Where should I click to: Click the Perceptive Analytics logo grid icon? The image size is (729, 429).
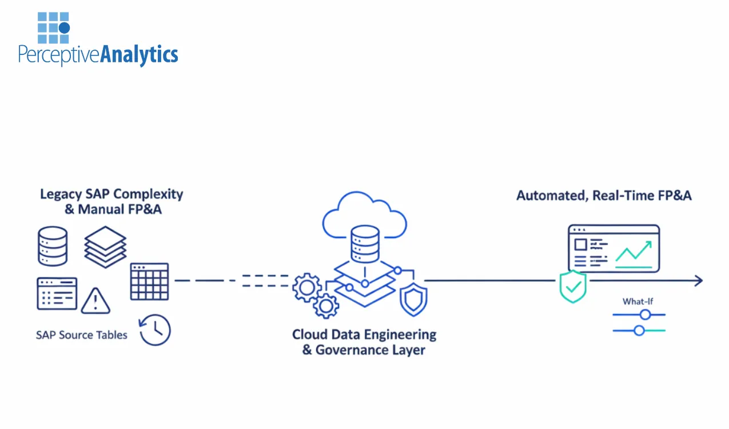tap(53, 27)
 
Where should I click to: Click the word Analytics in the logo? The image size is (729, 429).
tap(139, 55)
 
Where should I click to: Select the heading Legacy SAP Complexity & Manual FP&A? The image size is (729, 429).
tap(111, 201)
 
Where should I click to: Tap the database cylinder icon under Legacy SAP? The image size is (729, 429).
tap(53, 246)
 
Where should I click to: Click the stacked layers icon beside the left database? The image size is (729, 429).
tap(105, 247)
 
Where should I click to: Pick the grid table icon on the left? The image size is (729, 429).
tap(149, 281)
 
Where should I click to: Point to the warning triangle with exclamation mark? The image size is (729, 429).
tap(95, 301)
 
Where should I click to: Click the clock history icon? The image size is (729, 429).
tap(155, 330)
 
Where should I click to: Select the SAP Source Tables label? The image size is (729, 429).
tap(81, 335)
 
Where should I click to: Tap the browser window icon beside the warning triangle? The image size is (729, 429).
tap(57, 293)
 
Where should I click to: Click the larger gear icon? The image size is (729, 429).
tap(306, 288)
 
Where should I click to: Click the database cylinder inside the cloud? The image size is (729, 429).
tap(365, 243)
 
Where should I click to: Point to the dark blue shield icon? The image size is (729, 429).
tap(413, 300)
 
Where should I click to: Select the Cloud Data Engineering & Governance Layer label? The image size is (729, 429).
tap(364, 341)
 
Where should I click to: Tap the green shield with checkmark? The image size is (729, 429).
tap(572, 286)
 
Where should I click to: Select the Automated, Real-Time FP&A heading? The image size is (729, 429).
tap(604, 196)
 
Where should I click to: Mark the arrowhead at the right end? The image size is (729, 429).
tap(698, 280)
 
